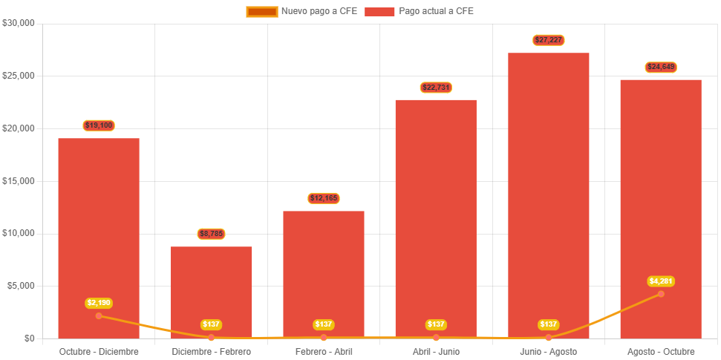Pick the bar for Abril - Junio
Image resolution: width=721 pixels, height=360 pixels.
click(436, 215)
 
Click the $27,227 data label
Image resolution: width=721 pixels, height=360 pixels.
click(548, 40)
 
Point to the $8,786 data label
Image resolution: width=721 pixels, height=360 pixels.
click(212, 234)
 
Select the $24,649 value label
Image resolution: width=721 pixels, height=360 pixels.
click(661, 67)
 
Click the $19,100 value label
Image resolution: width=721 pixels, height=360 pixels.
click(99, 125)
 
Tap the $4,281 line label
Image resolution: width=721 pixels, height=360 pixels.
click(661, 281)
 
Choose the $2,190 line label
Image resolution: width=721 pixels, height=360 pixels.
click(99, 303)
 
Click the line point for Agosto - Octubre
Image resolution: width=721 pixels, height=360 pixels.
click(661, 294)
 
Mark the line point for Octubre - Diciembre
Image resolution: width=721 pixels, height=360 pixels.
click(99, 315)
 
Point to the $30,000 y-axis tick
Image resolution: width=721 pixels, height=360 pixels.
click(19, 23)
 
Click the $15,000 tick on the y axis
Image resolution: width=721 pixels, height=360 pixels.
click(19, 181)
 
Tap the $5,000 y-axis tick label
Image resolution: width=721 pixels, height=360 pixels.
click(21, 286)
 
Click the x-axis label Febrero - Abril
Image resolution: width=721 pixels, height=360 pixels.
click(324, 351)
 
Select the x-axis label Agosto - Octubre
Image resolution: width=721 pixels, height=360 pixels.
click(661, 351)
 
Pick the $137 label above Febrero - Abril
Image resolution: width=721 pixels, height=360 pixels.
click(324, 324)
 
